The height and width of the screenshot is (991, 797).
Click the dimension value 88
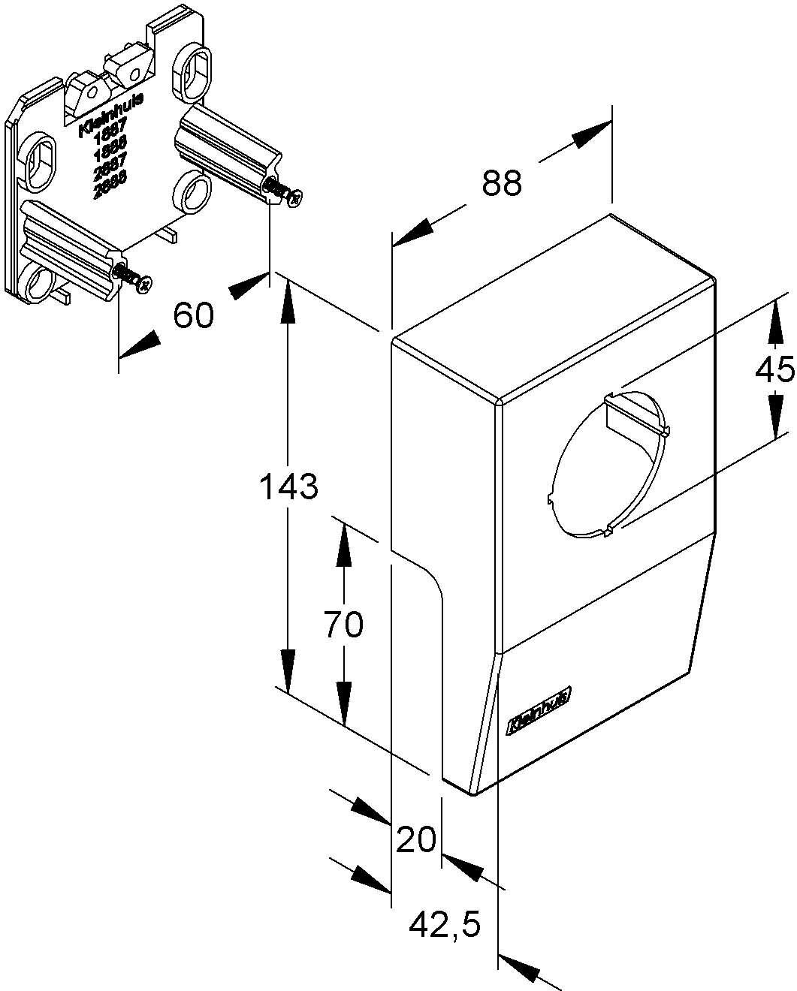tap(501, 182)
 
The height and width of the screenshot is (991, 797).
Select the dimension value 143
tap(289, 487)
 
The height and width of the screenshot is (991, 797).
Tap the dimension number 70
tap(343, 625)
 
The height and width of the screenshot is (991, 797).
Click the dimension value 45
tap(774, 369)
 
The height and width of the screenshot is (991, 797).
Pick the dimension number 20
tap(415, 839)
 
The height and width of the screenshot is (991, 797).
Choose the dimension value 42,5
tap(445, 926)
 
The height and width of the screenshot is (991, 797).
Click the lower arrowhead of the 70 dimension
tap(344, 702)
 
